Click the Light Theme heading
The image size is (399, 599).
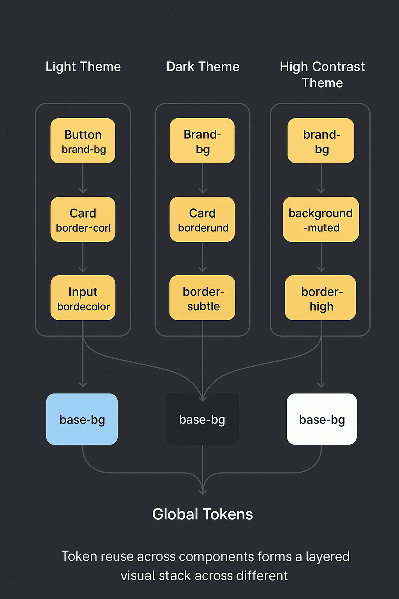tap(83, 67)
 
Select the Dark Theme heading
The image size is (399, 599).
tap(203, 67)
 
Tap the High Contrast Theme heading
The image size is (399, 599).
tap(322, 74)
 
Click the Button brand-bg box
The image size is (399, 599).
tap(83, 141)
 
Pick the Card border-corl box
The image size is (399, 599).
tap(83, 220)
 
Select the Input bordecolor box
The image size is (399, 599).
tap(83, 298)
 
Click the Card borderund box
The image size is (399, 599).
tap(202, 220)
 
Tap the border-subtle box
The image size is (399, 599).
tap(202, 298)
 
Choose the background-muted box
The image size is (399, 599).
tap(321, 220)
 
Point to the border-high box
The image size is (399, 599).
tap(321, 298)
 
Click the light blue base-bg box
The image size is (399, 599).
tap(82, 419)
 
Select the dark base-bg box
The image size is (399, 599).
tap(202, 419)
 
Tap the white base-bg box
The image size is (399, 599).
tap(322, 419)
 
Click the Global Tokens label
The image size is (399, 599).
tap(203, 514)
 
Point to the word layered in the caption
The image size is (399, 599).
tap(327, 556)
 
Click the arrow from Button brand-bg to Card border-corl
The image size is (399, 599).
tap(83, 179)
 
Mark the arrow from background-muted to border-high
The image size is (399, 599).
tap(321, 257)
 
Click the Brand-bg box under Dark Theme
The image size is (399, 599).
tap(202, 141)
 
